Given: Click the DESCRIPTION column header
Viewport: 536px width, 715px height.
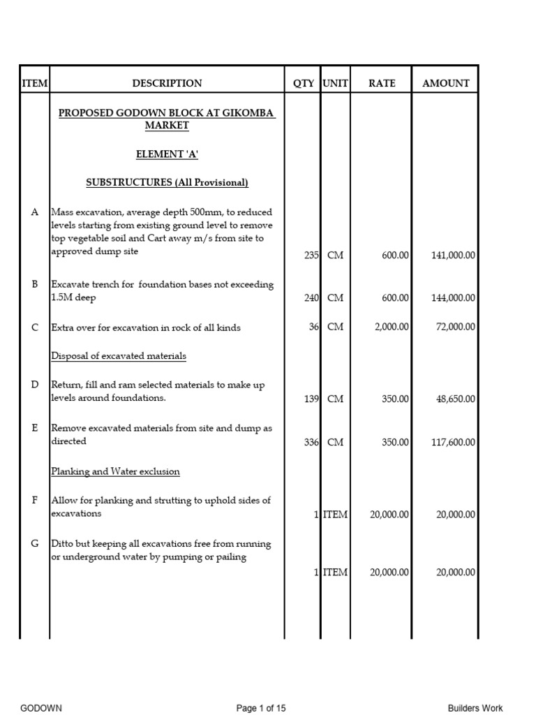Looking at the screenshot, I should pyautogui.click(x=167, y=83).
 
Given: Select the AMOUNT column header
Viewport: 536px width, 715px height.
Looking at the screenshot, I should pyautogui.click(x=446, y=83).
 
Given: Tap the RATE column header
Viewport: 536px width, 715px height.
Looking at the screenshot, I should pyautogui.click(x=382, y=83).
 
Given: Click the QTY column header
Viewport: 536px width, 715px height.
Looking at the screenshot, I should pyautogui.click(x=303, y=83).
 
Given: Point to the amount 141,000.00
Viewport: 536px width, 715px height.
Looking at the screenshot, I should pyautogui.click(x=453, y=256).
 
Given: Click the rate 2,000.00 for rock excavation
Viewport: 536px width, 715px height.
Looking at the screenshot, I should pyautogui.click(x=391, y=327).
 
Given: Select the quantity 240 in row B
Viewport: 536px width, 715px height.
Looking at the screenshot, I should pyautogui.click(x=311, y=298).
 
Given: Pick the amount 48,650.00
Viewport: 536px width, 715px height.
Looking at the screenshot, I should pyautogui.click(x=456, y=399).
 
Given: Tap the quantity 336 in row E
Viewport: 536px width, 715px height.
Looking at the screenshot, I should pyautogui.click(x=311, y=443).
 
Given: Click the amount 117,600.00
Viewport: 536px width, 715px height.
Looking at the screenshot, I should pyautogui.click(x=453, y=443).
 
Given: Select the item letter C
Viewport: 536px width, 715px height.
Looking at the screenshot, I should pyautogui.click(x=35, y=327).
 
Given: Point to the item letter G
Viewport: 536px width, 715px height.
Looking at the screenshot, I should pyautogui.click(x=35, y=544).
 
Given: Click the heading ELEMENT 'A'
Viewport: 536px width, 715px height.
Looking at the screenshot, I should pyautogui.click(x=167, y=154).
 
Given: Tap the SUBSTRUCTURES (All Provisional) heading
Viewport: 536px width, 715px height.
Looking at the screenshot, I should pyautogui.click(x=167, y=183).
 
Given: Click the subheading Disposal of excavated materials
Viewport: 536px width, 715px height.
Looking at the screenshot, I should pyautogui.click(x=119, y=356).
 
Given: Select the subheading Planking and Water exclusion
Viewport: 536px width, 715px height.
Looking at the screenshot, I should pyautogui.click(x=115, y=471).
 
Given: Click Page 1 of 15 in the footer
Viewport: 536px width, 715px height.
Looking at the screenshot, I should pyautogui.click(x=261, y=708).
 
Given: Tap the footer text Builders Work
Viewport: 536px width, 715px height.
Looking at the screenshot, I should pyautogui.click(x=475, y=708).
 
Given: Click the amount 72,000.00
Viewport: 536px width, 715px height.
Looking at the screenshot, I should pyautogui.click(x=456, y=327).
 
